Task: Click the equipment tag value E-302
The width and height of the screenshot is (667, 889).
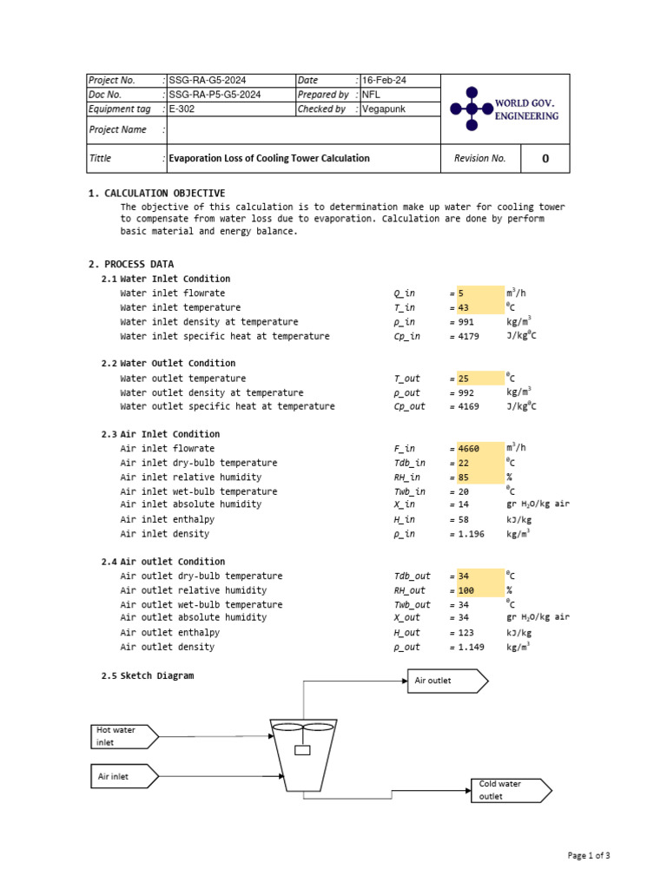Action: coord(182,109)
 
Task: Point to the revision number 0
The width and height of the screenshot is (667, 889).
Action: coord(545,158)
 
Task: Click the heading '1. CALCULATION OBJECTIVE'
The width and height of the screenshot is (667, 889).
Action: coord(156,193)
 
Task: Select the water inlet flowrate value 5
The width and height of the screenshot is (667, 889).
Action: coord(462,293)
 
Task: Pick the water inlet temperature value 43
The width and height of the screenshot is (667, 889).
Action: coord(464,307)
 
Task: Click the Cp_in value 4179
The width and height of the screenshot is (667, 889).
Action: coord(468,336)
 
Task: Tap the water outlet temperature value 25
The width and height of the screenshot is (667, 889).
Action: coord(464,379)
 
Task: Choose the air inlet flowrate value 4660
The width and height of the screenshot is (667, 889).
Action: coord(469,449)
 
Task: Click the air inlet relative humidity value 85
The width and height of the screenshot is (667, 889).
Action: coord(464,477)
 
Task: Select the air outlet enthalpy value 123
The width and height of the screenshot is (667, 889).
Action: coord(466,633)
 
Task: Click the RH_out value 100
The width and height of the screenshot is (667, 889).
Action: coord(466,590)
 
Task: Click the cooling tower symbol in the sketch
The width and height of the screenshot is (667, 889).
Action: coord(301,754)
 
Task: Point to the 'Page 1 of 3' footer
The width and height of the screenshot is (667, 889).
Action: coord(589,855)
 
